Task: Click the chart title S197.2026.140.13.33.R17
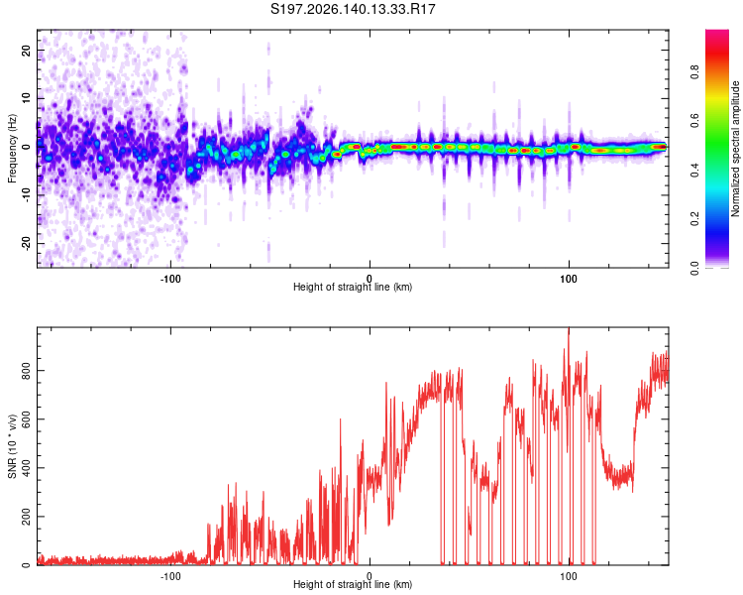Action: pyautogui.click(x=353, y=9)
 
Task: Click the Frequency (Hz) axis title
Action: pyautogui.click(x=12, y=149)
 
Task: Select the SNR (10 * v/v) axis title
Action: pyautogui.click(x=12, y=446)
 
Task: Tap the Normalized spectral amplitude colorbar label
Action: pyautogui.click(x=735, y=149)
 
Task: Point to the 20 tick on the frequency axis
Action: pyautogui.click(x=26, y=50)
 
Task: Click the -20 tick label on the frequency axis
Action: pyautogui.click(x=26, y=243)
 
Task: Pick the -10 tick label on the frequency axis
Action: pyautogui.click(x=26, y=195)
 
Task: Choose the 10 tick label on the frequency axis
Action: pyautogui.click(x=26, y=98)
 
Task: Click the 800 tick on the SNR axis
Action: pyautogui.click(x=26, y=371)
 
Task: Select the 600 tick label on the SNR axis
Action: pyautogui.click(x=26, y=419)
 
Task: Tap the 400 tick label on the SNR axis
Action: pyautogui.click(x=26, y=468)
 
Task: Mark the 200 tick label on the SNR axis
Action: pyautogui.click(x=26, y=517)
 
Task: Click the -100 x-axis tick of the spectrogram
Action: pyautogui.click(x=170, y=279)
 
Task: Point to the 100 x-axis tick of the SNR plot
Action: pyautogui.click(x=569, y=576)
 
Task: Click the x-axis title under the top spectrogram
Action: pyautogui.click(x=353, y=287)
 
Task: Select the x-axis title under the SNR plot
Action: pyautogui.click(x=353, y=584)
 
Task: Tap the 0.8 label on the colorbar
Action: pyautogui.click(x=695, y=72)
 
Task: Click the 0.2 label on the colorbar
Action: pyautogui.click(x=695, y=219)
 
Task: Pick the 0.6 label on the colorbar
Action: pyautogui.click(x=695, y=121)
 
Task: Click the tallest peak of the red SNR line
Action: pyautogui.click(x=569, y=328)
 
